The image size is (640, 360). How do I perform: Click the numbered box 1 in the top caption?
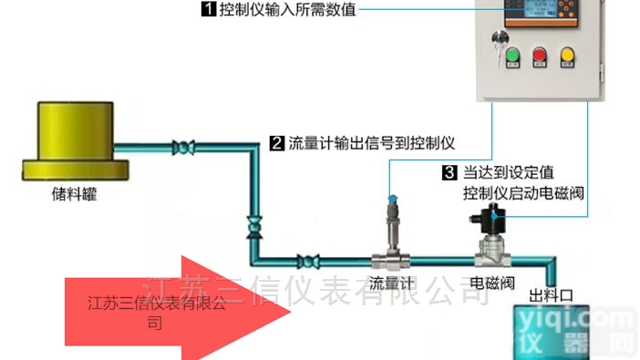tap(209, 10)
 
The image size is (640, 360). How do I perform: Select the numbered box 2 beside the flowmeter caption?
tap(276, 143)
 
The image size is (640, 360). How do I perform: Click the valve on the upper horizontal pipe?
tap(186, 145)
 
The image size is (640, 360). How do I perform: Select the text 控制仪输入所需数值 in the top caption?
tap(286, 10)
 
